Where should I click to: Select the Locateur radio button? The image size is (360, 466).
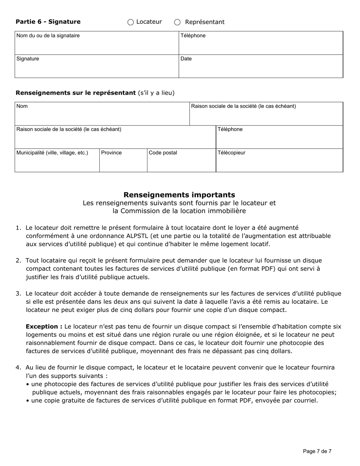(131, 22)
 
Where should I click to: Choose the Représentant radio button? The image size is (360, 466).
(177, 22)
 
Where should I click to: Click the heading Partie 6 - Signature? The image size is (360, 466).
(48, 22)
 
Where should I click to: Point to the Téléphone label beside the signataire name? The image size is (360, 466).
(193, 36)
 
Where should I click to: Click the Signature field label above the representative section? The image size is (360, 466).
(28, 59)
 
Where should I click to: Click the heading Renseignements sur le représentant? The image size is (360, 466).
(76, 93)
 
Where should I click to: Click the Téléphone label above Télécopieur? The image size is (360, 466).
(230, 129)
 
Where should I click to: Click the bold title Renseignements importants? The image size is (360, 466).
(179, 195)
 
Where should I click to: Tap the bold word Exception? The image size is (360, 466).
(44, 327)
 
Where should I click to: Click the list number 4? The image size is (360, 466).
(18, 367)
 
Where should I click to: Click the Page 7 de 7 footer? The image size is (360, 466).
(317, 451)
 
